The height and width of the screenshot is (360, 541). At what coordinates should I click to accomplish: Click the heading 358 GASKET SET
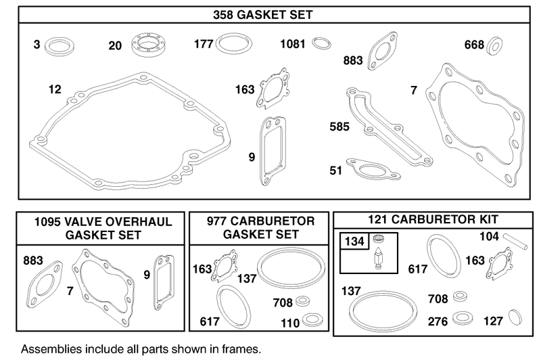tap(270, 13)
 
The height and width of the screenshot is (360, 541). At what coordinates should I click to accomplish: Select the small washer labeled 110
tap(313, 319)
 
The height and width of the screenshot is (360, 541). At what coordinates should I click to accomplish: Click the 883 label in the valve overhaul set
tap(33, 259)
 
